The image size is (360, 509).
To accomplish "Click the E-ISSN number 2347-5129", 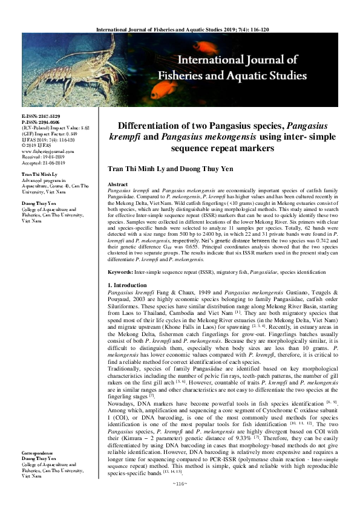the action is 48,115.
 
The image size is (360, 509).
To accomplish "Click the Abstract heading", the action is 117,183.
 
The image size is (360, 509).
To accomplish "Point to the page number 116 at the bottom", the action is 179,499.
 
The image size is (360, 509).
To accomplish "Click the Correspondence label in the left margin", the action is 39,470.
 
